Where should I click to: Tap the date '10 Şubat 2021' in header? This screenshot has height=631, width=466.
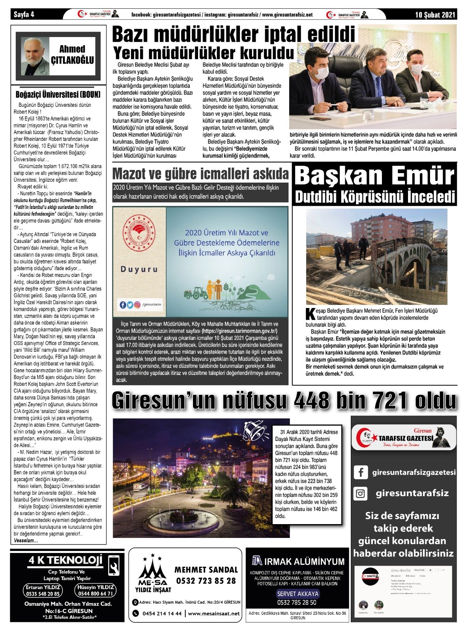coord(435,15)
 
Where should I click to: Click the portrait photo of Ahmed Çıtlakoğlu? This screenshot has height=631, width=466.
coord(36,56)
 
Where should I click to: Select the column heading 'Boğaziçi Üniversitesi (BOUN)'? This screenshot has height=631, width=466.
coord(58,95)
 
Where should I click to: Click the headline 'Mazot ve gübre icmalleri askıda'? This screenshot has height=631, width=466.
coord(200,174)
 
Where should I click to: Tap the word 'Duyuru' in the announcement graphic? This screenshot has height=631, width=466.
coord(139,270)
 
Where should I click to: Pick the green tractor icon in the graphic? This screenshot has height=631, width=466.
coord(196,293)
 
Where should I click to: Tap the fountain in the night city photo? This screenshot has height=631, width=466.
coord(183,515)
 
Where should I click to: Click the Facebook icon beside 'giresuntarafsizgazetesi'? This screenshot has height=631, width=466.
coord(361,472)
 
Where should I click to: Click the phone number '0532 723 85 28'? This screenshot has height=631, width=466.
coord(206,581)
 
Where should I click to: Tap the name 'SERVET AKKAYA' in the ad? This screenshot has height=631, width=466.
coord(298,594)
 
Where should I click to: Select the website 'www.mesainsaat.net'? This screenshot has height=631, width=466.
coord(214,614)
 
